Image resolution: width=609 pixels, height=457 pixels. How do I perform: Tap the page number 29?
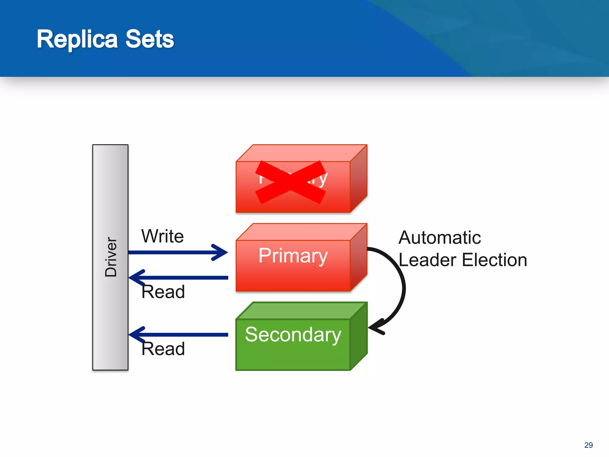point(588,445)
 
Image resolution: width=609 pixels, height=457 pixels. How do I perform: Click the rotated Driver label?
point(111,257)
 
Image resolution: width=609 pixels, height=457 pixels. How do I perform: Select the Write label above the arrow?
point(162,236)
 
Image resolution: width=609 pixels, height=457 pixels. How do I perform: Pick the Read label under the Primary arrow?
point(163,292)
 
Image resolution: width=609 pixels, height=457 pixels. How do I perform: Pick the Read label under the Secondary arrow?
point(163,349)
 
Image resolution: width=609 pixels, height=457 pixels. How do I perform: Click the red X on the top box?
point(291,182)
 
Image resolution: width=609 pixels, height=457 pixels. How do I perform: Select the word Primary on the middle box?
point(293,256)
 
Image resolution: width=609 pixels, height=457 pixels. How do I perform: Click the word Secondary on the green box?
point(293,334)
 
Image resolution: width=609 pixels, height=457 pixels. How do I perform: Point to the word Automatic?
point(440,238)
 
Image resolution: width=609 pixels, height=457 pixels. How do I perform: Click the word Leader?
point(427,260)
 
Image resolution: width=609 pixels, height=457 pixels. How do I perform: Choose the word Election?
point(495,260)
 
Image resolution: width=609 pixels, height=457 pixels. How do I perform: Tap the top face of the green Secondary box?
point(302,311)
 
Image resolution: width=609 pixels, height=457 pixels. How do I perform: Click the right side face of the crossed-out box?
point(359,179)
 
